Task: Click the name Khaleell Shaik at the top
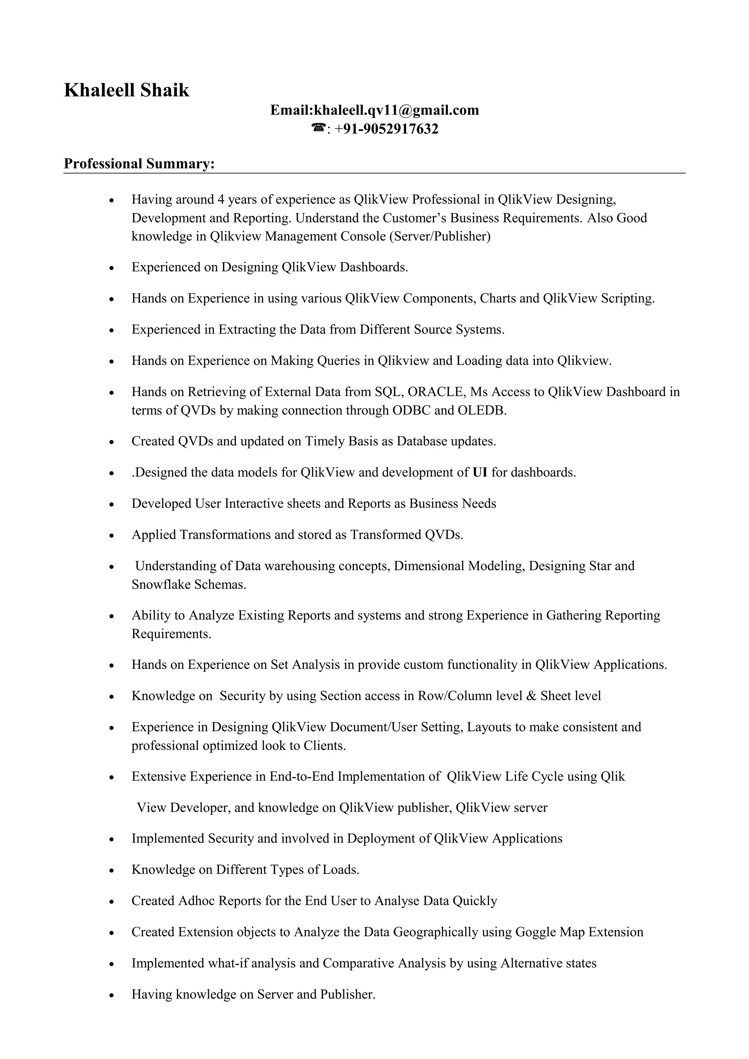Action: pyautogui.click(x=127, y=90)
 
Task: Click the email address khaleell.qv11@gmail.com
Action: pyautogui.click(x=396, y=110)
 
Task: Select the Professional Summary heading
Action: pyautogui.click(x=139, y=164)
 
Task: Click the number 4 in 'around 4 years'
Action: pyautogui.click(x=221, y=200)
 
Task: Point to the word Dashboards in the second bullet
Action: pyautogui.click(x=374, y=267)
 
